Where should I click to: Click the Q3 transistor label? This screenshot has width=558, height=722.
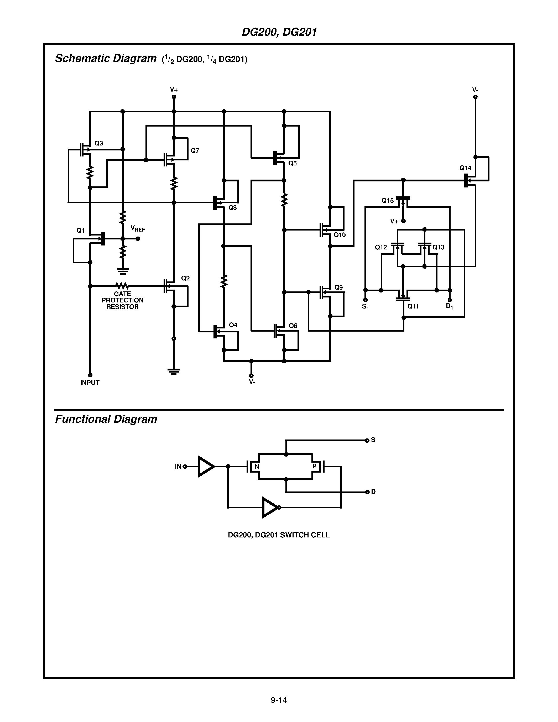(x=98, y=143)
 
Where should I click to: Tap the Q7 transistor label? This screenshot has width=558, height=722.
(x=195, y=151)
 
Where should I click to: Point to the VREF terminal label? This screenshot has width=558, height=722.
(x=138, y=228)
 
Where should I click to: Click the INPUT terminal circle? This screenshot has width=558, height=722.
(x=90, y=375)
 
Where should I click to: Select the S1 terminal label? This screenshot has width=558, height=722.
(x=365, y=307)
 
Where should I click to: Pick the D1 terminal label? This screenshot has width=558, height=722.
(x=449, y=306)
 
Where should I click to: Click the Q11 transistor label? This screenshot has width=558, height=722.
(x=413, y=306)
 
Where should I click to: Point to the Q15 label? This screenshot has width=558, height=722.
(x=387, y=201)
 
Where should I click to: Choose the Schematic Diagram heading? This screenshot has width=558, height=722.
(x=106, y=59)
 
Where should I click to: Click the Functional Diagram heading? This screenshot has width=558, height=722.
(x=106, y=419)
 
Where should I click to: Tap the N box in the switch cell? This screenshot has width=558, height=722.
(x=257, y=467)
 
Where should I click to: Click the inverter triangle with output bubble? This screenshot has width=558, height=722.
(x=270, y=508)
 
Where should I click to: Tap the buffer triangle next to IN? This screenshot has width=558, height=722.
(x=205, y=467)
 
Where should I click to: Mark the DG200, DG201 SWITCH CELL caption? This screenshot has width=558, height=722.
(x=279, y=535)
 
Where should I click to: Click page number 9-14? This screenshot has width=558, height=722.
(x=279, y=700)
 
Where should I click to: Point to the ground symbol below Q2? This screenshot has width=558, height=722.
(x=174, y=371)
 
